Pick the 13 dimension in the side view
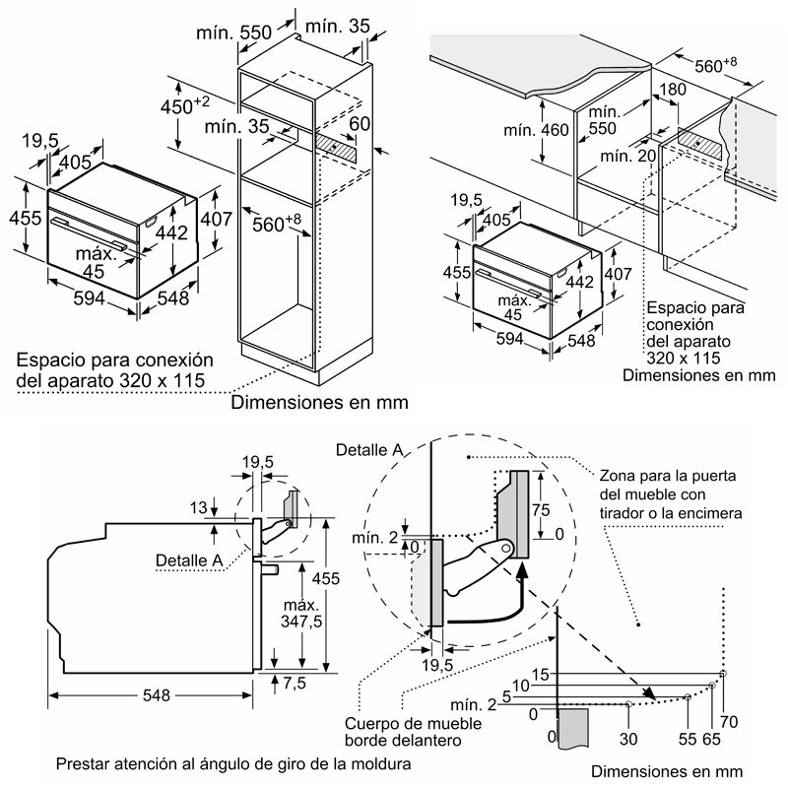coord(199,508)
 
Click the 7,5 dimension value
coord(295,683)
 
